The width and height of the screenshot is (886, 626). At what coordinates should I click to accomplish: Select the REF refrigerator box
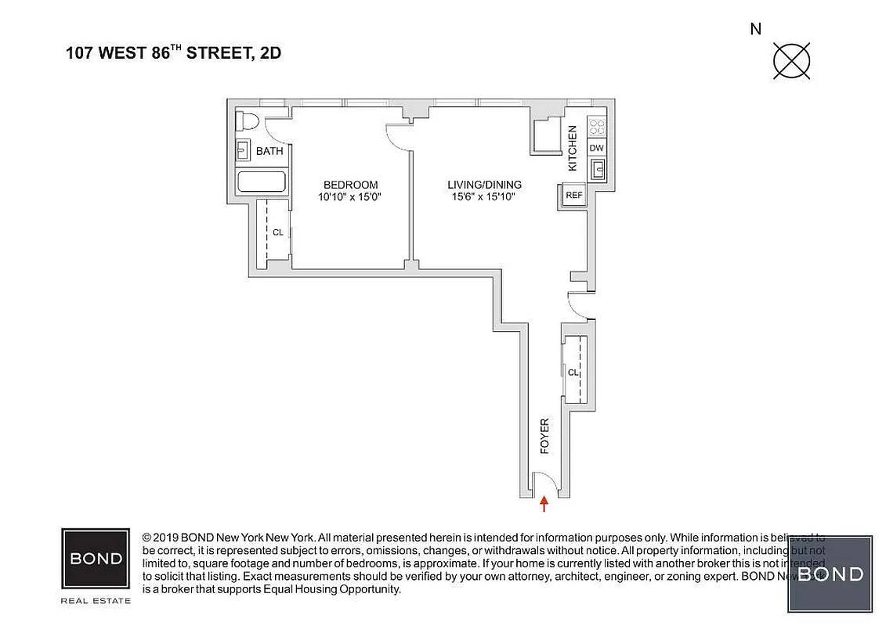573,196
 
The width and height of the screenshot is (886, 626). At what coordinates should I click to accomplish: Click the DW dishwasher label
597,148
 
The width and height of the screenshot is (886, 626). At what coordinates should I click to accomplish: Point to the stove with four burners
597,126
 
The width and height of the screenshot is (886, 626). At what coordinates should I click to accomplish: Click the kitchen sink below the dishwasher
597,169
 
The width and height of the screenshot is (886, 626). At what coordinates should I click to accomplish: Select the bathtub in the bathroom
262,183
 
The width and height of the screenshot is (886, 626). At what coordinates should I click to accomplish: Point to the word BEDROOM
349,185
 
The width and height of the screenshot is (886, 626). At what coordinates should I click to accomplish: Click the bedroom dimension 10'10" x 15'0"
349,197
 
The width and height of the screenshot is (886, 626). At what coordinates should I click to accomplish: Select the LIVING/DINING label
484,185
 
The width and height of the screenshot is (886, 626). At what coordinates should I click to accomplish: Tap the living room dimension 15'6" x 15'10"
484,197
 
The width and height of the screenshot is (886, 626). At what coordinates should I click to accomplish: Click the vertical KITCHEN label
573,148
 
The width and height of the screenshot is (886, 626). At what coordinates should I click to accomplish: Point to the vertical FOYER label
544,436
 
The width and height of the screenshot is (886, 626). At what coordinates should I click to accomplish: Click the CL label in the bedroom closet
278,232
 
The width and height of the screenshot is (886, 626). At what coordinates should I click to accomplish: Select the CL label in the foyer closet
573,373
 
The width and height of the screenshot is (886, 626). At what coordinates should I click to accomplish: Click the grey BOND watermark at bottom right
830,574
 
